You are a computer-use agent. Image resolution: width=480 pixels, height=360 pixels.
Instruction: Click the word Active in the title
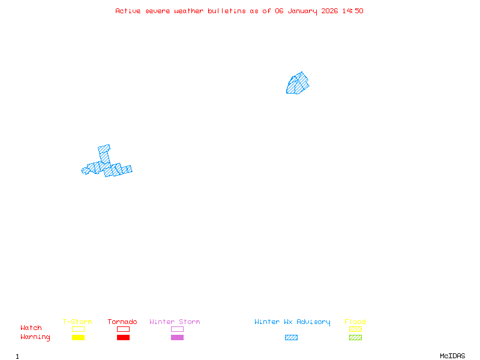click(x=127, y=11)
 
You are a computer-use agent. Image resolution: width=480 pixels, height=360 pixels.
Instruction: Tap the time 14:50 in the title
click(x=353, y=11)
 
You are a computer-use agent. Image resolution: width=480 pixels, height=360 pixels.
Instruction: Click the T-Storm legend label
click(x=77, y=322)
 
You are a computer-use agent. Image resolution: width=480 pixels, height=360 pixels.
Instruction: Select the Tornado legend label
click(x=122, y=322)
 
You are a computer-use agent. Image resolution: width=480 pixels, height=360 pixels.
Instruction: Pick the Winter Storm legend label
click(x=175, y=322)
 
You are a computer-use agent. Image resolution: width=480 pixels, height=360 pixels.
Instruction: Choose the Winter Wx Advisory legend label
click(x=292, y=322)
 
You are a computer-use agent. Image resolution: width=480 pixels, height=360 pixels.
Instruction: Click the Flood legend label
click(x=355, y=322)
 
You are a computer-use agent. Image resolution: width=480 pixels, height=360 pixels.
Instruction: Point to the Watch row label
click(x=31, y=328)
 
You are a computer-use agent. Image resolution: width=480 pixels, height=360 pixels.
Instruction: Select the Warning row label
click(x=35, y=337)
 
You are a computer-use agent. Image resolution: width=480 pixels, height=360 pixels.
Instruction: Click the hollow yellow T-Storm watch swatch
click(x=78, y=329)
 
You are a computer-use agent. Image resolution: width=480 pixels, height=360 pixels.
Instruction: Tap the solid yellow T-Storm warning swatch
click(x=78, y=337)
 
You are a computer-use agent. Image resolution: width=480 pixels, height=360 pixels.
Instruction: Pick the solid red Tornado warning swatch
click(x=123, y=337)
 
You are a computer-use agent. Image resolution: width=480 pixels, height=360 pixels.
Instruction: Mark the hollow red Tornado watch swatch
click(x=123, y=329)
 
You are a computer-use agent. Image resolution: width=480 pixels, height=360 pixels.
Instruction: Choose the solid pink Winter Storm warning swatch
click(x=177, y=337)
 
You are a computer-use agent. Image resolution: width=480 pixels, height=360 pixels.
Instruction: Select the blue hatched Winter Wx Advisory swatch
click(x=291, y=337)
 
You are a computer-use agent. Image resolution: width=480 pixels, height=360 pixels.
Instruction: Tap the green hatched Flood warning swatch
click(x=355, y=337)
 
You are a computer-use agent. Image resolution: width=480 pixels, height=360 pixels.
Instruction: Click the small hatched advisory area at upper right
click(x=298, y=84)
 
